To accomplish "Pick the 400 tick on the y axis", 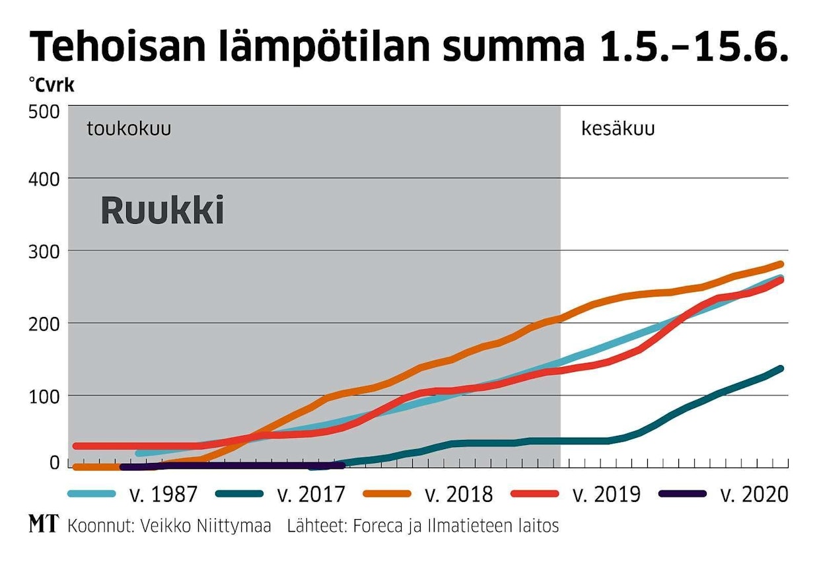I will click(44, 179).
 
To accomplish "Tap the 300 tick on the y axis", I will click(44, 252).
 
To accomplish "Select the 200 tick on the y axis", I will click(44, 324).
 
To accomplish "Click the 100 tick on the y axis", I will click(44, 396).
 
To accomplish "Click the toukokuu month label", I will click(129, 129).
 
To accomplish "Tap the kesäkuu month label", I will click(618, 129).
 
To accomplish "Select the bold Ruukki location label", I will click(162, 211).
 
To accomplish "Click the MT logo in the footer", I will click(43, 526).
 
